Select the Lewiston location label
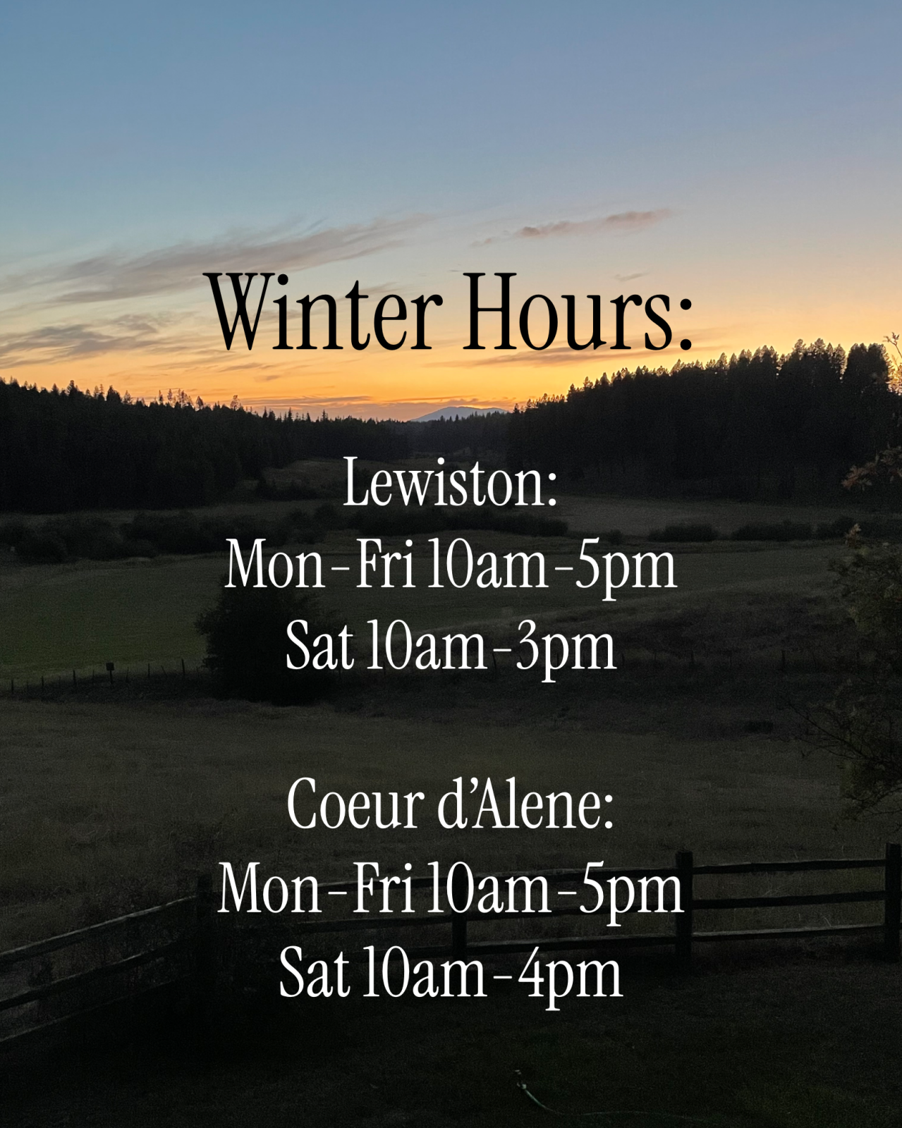coord(449,482)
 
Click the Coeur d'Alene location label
coord(450,804)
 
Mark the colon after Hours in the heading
coord(685,330)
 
